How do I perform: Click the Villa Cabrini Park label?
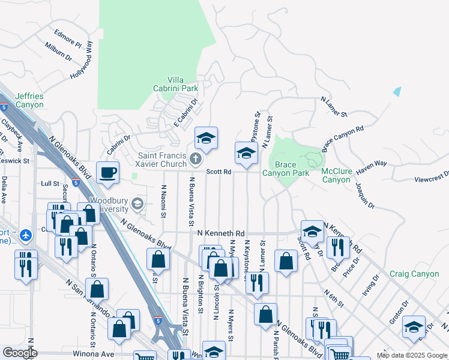coord(182,84)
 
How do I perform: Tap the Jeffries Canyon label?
coord(29,100)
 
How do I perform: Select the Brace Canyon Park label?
coord(286,169)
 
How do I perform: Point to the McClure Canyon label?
coord(336,175)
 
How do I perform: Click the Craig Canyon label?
coord(414,274)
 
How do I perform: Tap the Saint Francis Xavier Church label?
coord(162,160)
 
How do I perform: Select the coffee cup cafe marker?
coord(108,173)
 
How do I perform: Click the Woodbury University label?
coord(109,205)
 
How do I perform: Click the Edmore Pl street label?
coord(67,37)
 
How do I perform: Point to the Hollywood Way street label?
coord(83,59)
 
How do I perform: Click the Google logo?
coord(20,353)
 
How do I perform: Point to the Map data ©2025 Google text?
coord(411,356)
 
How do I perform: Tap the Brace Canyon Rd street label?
coord(343,138)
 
